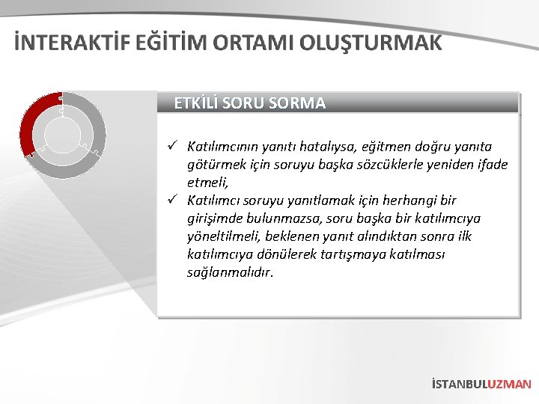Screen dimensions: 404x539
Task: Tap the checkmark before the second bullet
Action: coord(171,200)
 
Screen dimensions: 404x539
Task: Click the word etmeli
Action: coord(207,183)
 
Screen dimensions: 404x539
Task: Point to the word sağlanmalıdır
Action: coord(231,272)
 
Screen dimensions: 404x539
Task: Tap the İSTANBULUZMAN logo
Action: coord(481,384)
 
